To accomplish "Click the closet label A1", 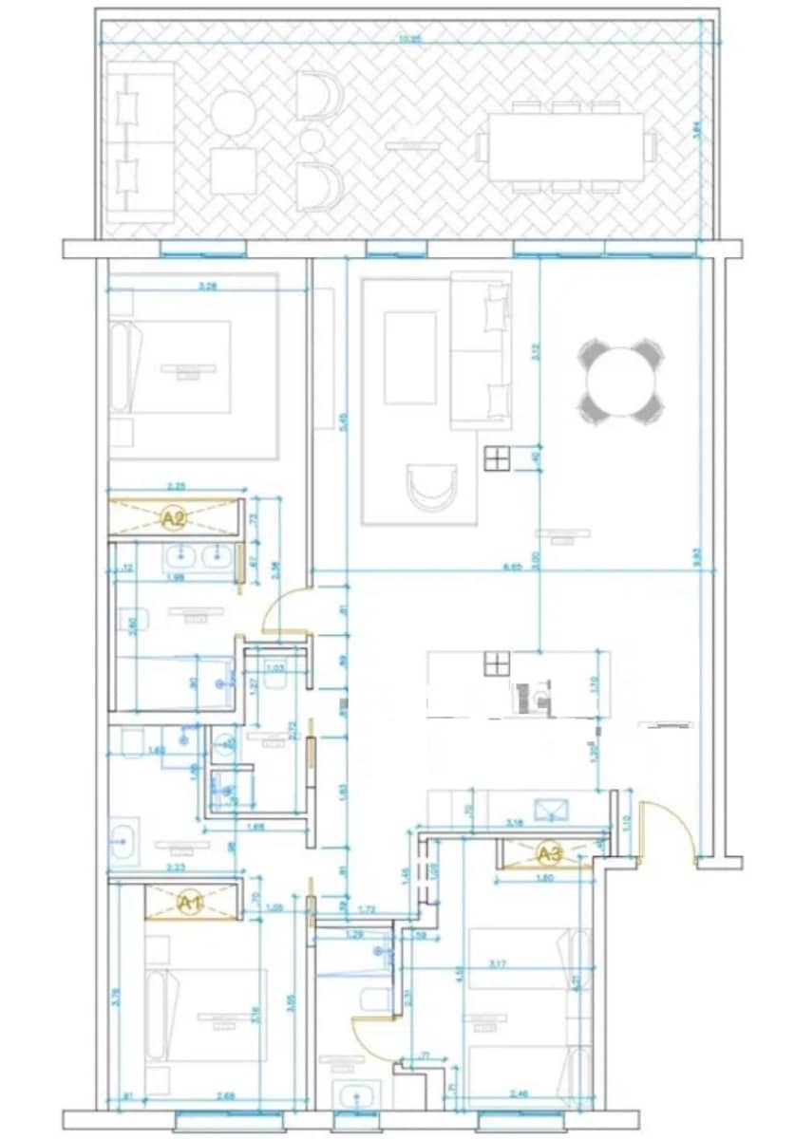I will [191, 903].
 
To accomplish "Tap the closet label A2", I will [173, 518].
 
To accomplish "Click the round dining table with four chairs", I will [621, 382].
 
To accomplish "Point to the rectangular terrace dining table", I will [566, 146].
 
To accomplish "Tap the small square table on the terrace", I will [234, 172].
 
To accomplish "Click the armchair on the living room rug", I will [431, 488].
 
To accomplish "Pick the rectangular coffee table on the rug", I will [409, 358].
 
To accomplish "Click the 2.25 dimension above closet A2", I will [175, 487].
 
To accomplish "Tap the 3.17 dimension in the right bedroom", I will [522, 965].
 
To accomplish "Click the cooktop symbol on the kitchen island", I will [496, 663].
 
